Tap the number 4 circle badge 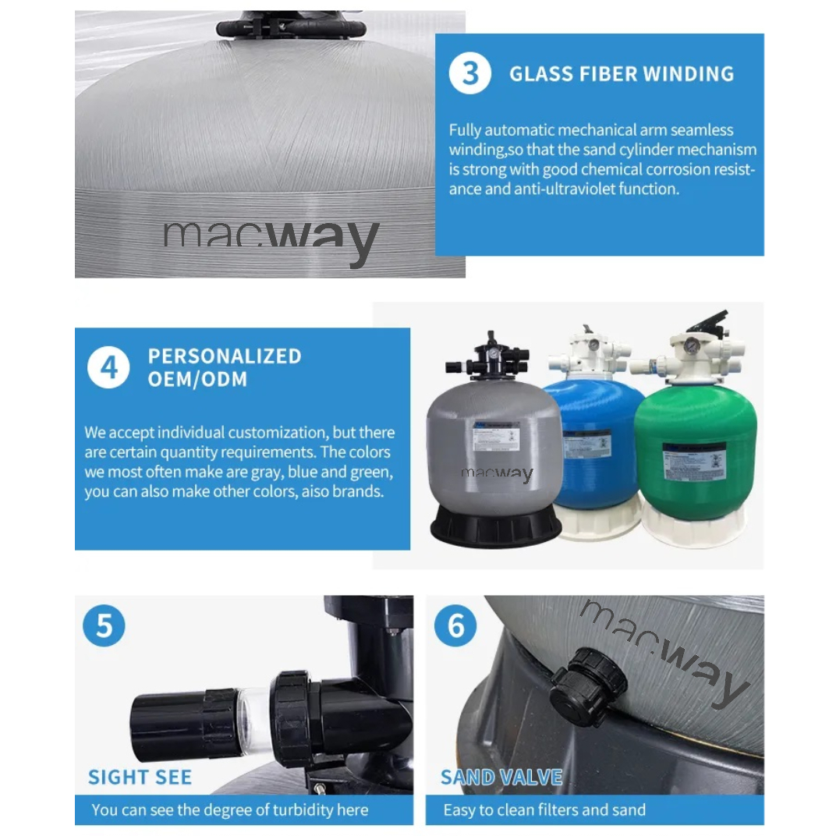[108, 367]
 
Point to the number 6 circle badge [455, 625]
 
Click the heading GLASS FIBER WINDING [622, 74]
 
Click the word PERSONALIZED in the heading [225, 356]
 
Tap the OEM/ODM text [197, 380]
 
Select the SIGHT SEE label [140, 777]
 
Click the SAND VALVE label [501, 777]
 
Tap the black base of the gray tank [495, 526]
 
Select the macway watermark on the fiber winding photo [271, 237]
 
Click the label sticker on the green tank [694, 461]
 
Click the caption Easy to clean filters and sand [544, 809]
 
